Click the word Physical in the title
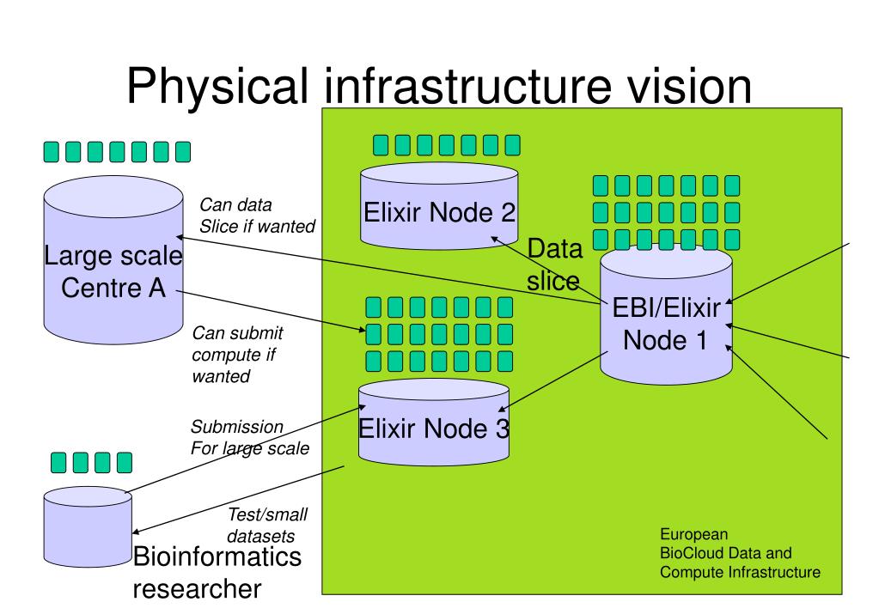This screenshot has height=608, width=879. pyautogui.click(x=217, y=86)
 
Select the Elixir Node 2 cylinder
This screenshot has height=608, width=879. pyautogui.click(x=439, y=205)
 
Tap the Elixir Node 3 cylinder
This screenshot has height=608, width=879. pyautogui.click(x=434, y=423)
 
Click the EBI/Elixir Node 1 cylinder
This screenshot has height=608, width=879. pyautogui.click(x=666, y=315)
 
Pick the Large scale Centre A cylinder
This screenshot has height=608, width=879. pyautogui.click(x=113, y=260)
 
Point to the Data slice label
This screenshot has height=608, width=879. pyautogui.click(x=554, y=264)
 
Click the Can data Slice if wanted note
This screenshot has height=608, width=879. pyautogui.click(x=257, y=216)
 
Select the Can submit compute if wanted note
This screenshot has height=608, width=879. pyautogui.click(x=237, y=354)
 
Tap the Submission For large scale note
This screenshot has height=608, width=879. pyautogui.click(x=250, y=438)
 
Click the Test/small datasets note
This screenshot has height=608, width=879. pyautogui.click(x=267, y=525)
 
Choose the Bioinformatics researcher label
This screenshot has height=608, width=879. pyautogui.click(x=217, y=573)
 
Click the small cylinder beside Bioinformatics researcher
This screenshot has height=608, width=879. pyautogui.click(x=88, y=526)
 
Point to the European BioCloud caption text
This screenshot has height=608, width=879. pyautogui.click(x=740, y=553)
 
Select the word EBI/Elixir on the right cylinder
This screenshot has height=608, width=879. pyautogui.click(x=667, y=307)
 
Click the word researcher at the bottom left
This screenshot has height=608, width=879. pyautogui.click(x=197, y=589)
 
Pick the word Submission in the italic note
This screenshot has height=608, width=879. pyautogui.click(x=236, y=427)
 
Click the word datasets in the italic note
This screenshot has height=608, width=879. pyautogui.click(x=260, y=536)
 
